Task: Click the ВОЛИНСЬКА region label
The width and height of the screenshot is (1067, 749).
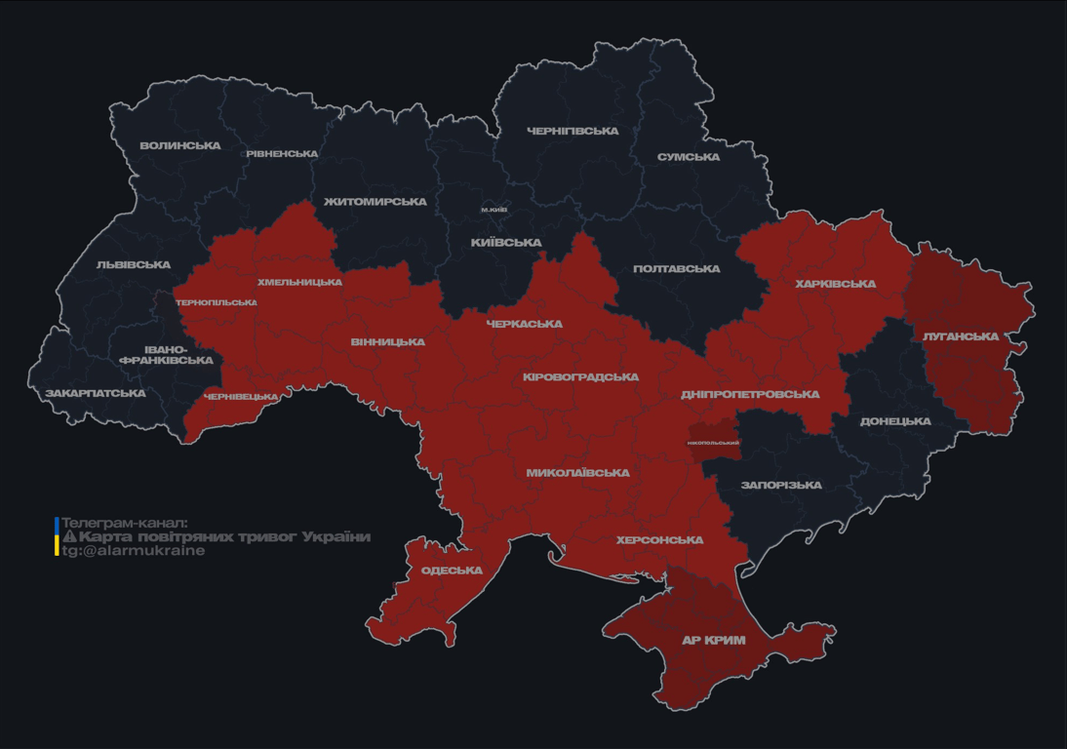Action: click(180, 146)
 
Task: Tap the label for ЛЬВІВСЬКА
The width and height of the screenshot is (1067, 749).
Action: click(134, 265)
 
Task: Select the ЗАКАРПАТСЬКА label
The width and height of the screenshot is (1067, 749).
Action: click(96, 394)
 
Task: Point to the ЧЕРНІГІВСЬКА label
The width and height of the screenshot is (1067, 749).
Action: click(573, 132)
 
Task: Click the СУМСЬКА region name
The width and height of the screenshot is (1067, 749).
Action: click(689, 157)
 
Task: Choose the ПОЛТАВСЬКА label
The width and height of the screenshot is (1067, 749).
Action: click(677, 269)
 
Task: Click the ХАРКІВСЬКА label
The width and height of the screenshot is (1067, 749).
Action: click(836, 285)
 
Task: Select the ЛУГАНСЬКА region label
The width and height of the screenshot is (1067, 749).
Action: click(961, 337)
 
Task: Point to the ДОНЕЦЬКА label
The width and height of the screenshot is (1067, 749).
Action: click(895, 422)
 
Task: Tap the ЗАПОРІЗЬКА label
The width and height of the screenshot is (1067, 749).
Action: click(781, 486)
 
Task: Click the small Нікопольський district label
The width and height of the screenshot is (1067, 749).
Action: click(714, 444)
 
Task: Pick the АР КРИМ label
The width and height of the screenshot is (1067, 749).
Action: click(713, 641)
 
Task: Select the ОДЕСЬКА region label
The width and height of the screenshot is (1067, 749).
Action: click(452, 571)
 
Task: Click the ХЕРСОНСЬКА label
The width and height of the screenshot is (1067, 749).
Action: click(660, 540)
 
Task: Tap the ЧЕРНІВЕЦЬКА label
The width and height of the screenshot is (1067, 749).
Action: click(241, 397)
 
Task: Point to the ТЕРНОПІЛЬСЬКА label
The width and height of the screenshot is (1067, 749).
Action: click(217, 302)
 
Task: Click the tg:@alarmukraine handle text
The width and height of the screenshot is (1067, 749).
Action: click(134, 551)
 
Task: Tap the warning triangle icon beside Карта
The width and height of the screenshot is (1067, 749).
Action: click(69, 536)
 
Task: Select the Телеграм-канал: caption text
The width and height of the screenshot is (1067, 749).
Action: click(124, 523)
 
